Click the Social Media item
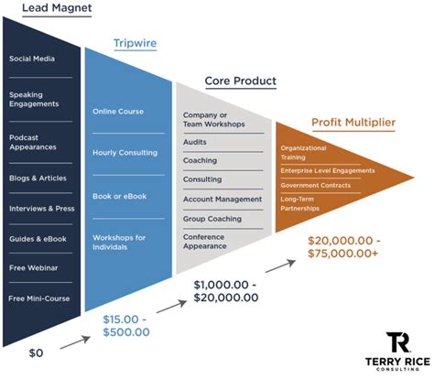coord(32,59)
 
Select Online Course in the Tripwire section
coord(118,112)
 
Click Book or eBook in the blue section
coord(120,196)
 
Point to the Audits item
coord(195,142)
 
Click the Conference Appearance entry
coord(206,243)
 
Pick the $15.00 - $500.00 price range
coord(127,324)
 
